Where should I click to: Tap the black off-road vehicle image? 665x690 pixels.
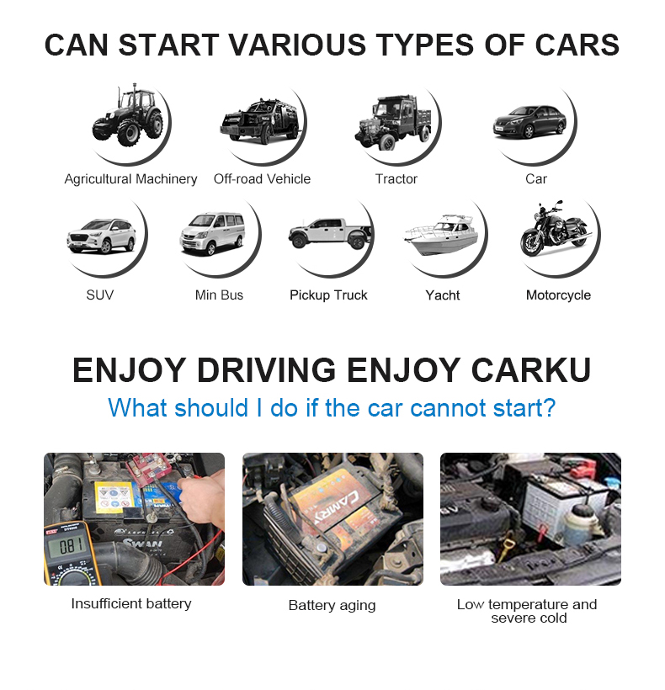tap(259, 121)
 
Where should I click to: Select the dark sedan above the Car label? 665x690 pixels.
tap(529, 121)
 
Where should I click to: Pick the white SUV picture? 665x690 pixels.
tap(101, 236)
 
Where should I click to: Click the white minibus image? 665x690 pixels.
tap(212, 234)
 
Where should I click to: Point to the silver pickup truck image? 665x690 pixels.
tap(330, 233)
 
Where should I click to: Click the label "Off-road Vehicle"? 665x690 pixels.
tap(263, 179)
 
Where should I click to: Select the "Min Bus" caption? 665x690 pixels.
tap(219, 295)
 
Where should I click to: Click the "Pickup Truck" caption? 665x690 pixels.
tap(328, 295)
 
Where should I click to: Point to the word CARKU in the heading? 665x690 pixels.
tap(531, 370)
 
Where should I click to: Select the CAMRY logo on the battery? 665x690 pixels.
tap(338, 507)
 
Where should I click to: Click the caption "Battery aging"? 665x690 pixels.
tap(332, 606)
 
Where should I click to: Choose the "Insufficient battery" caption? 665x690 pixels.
tap(131, 604)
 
